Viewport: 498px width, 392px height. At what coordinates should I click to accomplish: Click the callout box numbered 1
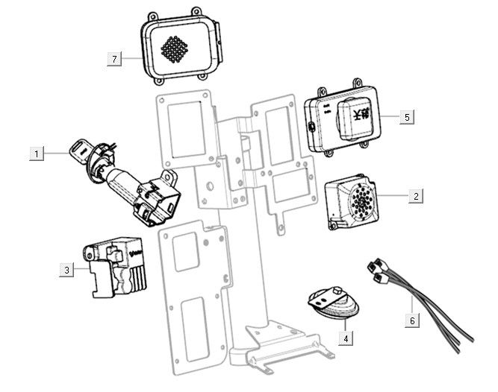pos(35,154)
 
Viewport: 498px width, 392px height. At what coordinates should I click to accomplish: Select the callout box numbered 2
pos(416,196)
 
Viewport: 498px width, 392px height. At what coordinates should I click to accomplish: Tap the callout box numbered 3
pos(66,270)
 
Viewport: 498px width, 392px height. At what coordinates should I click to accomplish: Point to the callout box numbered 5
pos(406,117)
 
